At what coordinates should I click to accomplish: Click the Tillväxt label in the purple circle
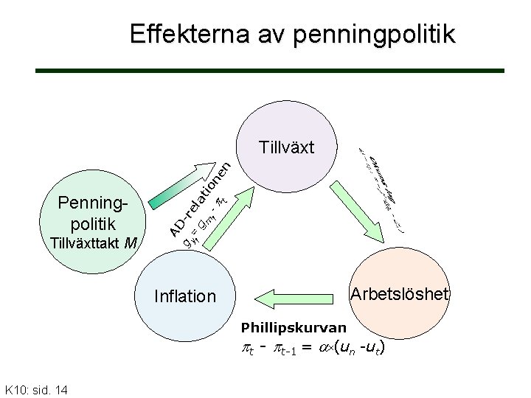[x=287, y=147]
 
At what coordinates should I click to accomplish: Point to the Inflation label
[x=185, y=296]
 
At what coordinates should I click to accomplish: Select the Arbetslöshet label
[x=399, y=293]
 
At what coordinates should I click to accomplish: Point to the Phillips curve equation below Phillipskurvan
[x=311, y=346]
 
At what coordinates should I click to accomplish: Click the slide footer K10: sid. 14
[x=36, y=388]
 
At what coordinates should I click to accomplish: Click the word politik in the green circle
[x=92, y=223]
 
